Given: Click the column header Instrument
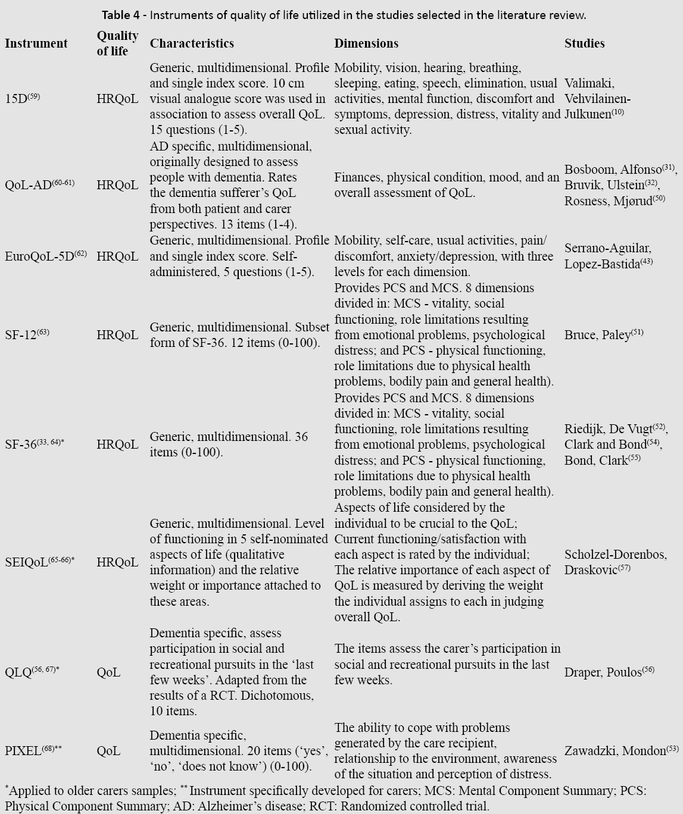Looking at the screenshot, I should point(36,43).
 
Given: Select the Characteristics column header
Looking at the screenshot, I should point(192,43).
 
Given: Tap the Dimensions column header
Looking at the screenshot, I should point(366,43).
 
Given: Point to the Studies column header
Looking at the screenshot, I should point(584,43).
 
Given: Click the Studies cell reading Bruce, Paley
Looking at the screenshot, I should point(603,335).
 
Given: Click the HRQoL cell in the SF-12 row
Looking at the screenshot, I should point(117,335).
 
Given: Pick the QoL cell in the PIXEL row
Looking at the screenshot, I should point(108,751).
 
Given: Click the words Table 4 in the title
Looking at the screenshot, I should point(121,15).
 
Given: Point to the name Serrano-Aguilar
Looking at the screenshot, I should point(607,249).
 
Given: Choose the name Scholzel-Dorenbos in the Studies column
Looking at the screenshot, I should point(615,555).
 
